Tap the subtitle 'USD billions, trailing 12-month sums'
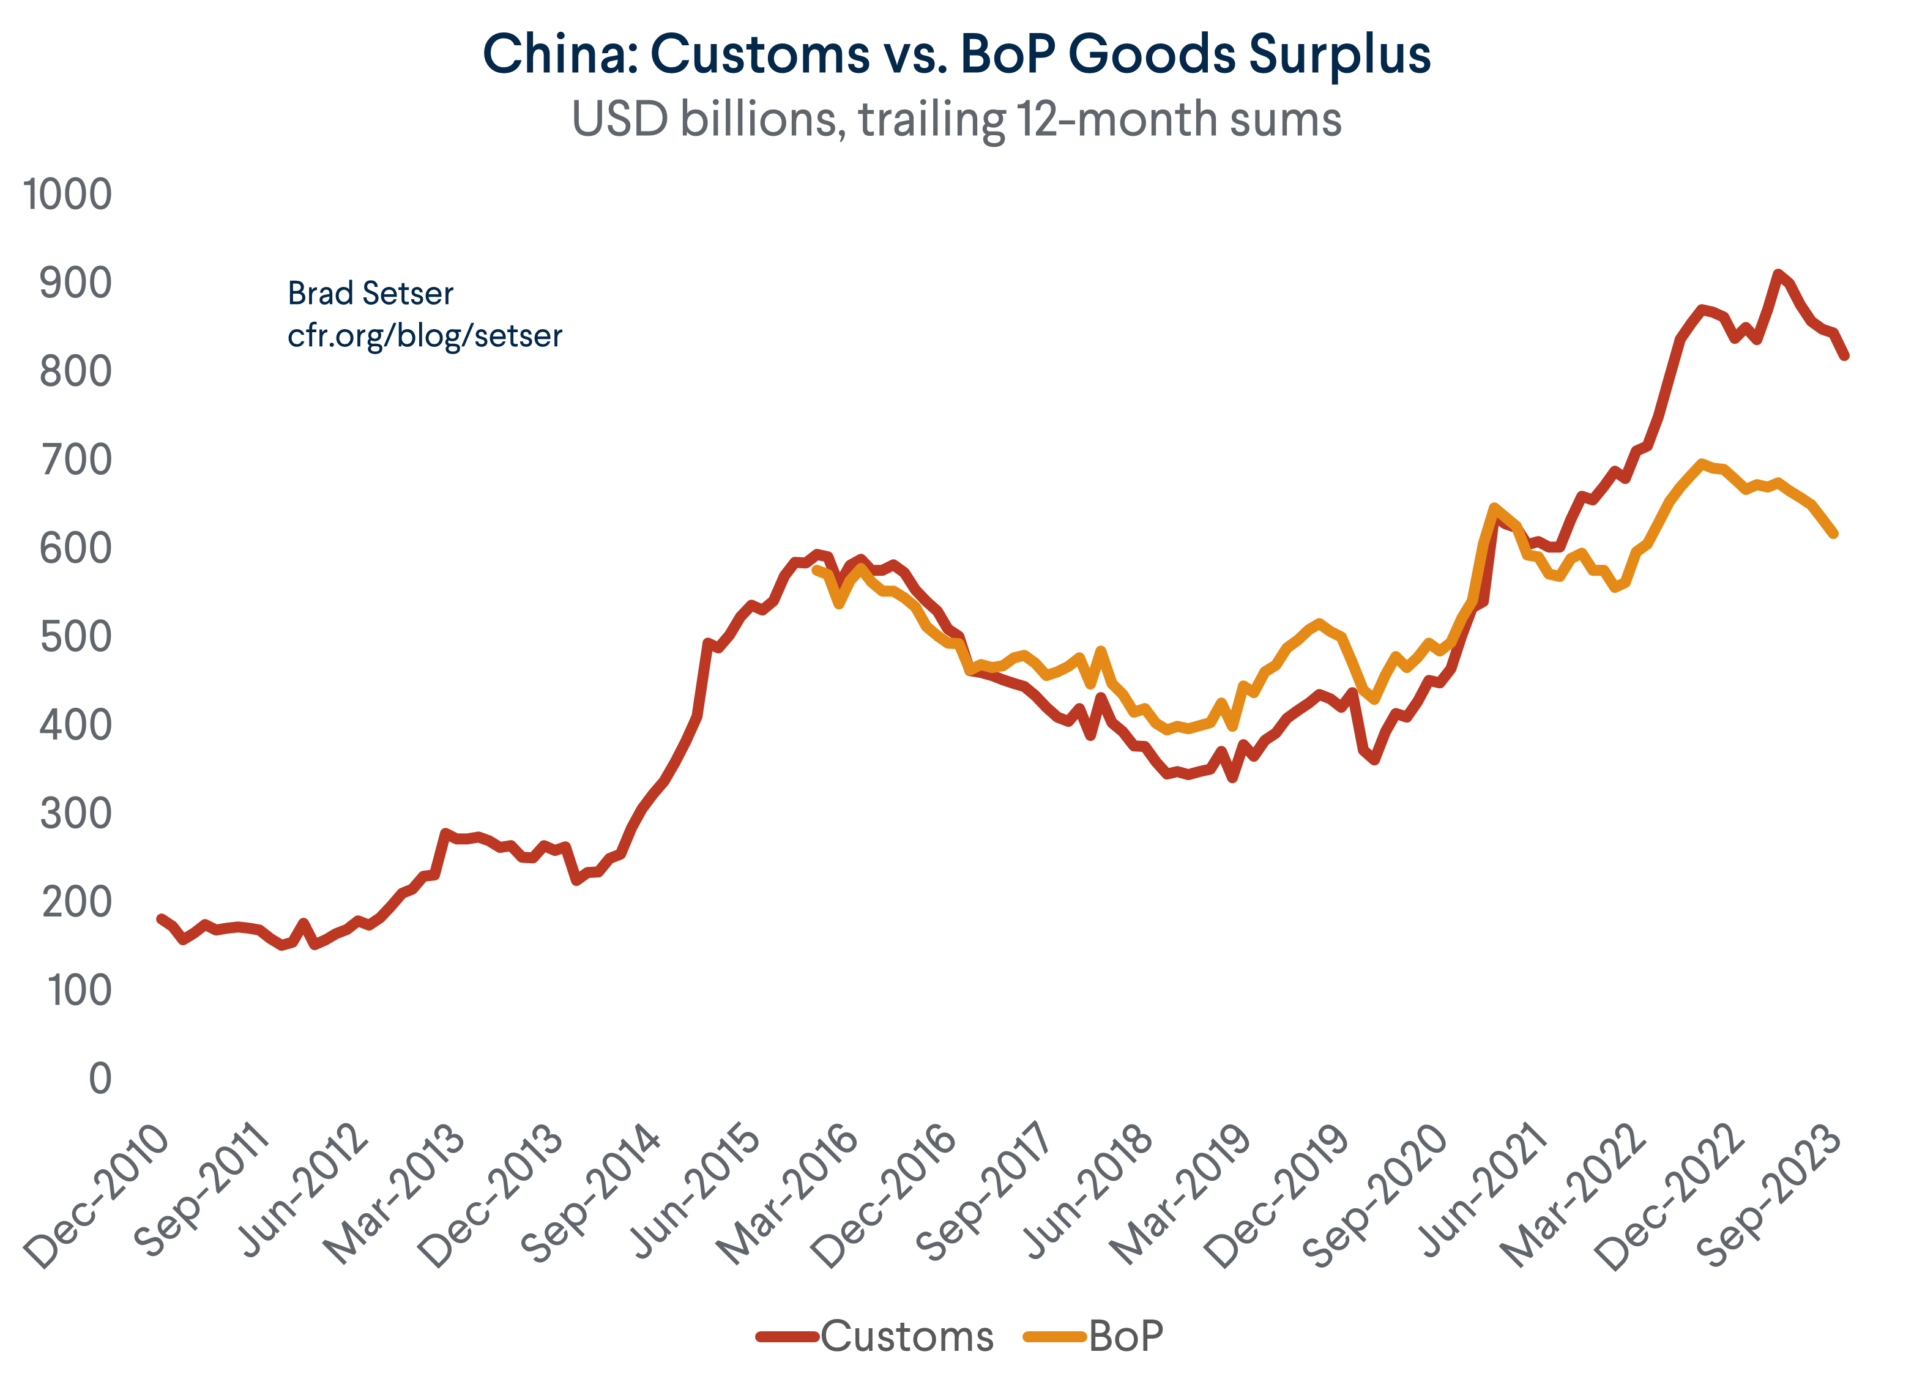pos(956,119)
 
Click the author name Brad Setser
pos(370,294)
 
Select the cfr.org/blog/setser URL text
pos(425,336)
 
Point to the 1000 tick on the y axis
pos(67,195)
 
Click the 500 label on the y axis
pos(75,637)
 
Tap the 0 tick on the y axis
pos(100,1079)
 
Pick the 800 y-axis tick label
pos(75,371)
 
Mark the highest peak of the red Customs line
pos(1778,273)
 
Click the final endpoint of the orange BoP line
pos(1834,534)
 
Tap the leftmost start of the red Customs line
pos(160,918)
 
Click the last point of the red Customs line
pos(1845,356)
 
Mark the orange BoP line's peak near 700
pos(1701,463)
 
